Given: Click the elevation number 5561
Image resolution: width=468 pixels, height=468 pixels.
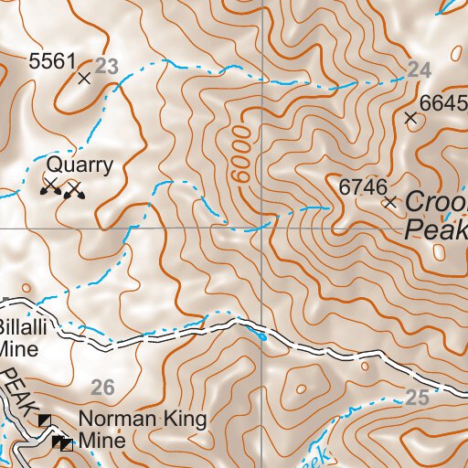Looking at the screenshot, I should [51, 62].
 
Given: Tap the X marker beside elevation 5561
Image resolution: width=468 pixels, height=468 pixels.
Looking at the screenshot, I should [85, 79].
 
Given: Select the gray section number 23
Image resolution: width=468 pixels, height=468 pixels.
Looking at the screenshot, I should [107, 66].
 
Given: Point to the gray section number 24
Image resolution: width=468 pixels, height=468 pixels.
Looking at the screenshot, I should [419, 70].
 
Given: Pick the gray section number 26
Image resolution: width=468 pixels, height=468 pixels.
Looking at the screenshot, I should [103, 388].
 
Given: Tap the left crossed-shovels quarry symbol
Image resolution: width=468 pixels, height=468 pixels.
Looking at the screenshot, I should [51, 187].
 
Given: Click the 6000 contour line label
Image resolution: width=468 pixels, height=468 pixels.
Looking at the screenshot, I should [240, 146].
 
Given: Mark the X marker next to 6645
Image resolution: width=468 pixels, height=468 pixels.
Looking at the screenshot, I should [410, 118].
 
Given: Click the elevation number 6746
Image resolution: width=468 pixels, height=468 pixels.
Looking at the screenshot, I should [358, 186].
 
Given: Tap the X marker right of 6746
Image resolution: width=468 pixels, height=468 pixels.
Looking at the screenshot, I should [391, 201].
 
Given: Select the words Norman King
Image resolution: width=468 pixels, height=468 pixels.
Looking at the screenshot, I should [143, 420].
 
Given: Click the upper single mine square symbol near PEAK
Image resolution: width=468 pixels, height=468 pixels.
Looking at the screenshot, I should [45, 419].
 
